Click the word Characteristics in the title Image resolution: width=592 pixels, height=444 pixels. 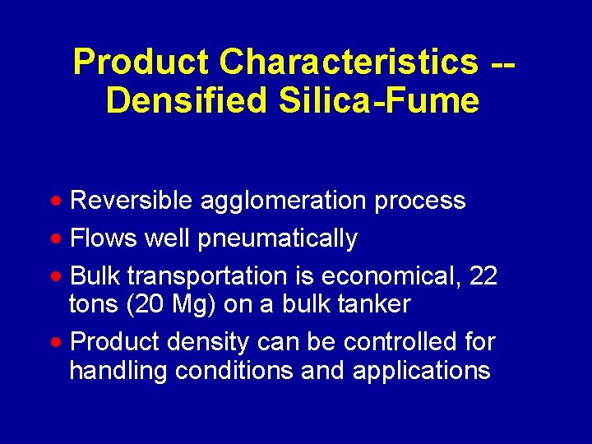pos(349,62)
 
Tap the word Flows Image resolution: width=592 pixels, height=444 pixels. pos(104,239)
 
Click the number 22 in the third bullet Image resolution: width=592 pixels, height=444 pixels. pos(481,276)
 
